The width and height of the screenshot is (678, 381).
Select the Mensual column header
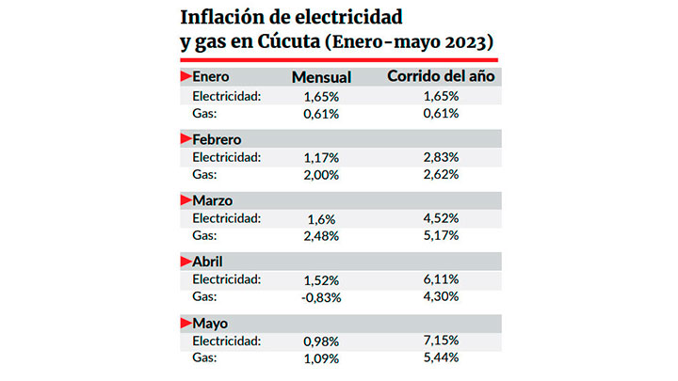[x=321, y=77]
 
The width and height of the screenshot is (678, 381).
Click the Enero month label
[x=211, y=77]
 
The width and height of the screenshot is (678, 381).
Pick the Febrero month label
[x=218, y=139]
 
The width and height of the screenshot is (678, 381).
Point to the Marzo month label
[x=213, y=200]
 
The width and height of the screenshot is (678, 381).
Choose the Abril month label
[x=208, y=262]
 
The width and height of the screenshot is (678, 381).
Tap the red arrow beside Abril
[x=185, y=262]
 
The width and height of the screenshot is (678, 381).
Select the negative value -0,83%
[x=321, y=297]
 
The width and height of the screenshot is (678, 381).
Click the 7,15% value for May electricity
[x=441, y=341]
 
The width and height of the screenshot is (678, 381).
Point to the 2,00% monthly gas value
[x=321, y=174]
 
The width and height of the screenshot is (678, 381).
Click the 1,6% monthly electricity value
[x=321, y=218]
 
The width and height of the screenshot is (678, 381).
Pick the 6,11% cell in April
[x=441, y=279]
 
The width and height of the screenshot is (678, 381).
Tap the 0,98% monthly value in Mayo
[x=321, y=341]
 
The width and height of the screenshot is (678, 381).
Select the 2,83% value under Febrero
[x=441, y=156]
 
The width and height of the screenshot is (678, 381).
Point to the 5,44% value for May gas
[x=441, y=358]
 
